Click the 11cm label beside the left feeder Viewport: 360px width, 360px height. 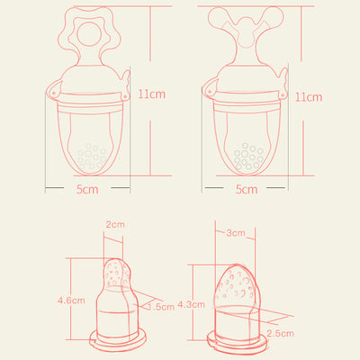152,94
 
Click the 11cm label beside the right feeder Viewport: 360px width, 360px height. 309,97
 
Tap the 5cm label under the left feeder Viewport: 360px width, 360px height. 87,189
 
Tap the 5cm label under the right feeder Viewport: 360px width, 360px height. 247,189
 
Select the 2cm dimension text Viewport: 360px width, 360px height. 115,224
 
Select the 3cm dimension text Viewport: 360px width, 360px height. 236,233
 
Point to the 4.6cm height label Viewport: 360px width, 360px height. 71,301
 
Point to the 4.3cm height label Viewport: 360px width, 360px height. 191,304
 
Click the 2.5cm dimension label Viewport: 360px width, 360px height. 280,333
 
